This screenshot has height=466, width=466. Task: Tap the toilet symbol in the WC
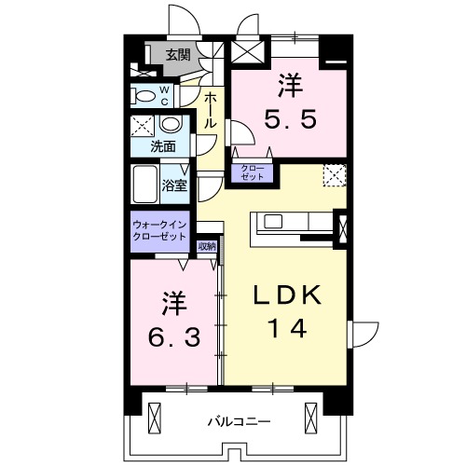pyautogui.click(x=144, y=95)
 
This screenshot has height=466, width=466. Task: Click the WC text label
pyautogui.click(x=164, y=96)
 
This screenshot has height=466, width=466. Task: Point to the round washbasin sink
pyautogui.click(x=171, y=125)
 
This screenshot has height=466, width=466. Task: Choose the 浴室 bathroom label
pyautogui.click(x=175, y=185)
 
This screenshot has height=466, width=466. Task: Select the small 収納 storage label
pyautogui.click(x=206, y=246)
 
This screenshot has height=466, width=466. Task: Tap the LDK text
pyautogui.click(x=290, y=296)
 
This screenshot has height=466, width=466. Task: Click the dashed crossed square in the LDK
pyautogui.click(x=334, y=174)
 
